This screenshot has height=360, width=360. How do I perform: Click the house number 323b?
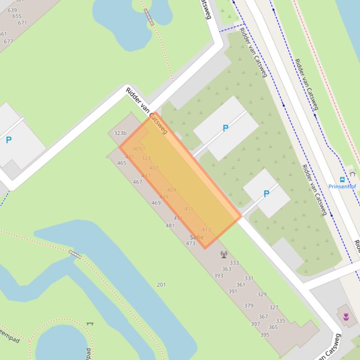pos(120,133)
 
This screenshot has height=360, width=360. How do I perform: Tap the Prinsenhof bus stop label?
pos(342,187)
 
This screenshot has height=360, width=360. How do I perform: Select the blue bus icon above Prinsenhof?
pos(342,180)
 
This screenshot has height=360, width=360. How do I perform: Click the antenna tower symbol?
pos(224,254)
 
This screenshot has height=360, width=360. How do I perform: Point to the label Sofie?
pos(197,238)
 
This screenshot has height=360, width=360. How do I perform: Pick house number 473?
pos(191,244)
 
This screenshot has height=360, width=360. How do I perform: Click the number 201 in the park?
pos(161,284)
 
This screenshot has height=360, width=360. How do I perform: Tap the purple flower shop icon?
pos(346,317)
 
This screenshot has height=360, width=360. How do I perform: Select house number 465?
pos(122,163)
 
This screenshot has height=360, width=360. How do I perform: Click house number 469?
pos(156,203)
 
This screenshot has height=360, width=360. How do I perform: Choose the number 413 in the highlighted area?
pos(206,230)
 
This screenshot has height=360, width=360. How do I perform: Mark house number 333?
pos(234,263)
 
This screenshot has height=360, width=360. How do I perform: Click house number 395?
pos(265,335)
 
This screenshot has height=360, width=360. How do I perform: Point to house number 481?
pos(170,225)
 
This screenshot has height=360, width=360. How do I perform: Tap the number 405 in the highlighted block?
pos(137,149)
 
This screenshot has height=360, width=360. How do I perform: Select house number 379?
pos(249,306)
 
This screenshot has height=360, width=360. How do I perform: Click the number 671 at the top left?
pos(22,22)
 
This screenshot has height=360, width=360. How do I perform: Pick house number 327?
pos(274,308)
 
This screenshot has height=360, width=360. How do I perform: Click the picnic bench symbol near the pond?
pos(90,323)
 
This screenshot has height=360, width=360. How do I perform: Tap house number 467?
pos(137,182)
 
